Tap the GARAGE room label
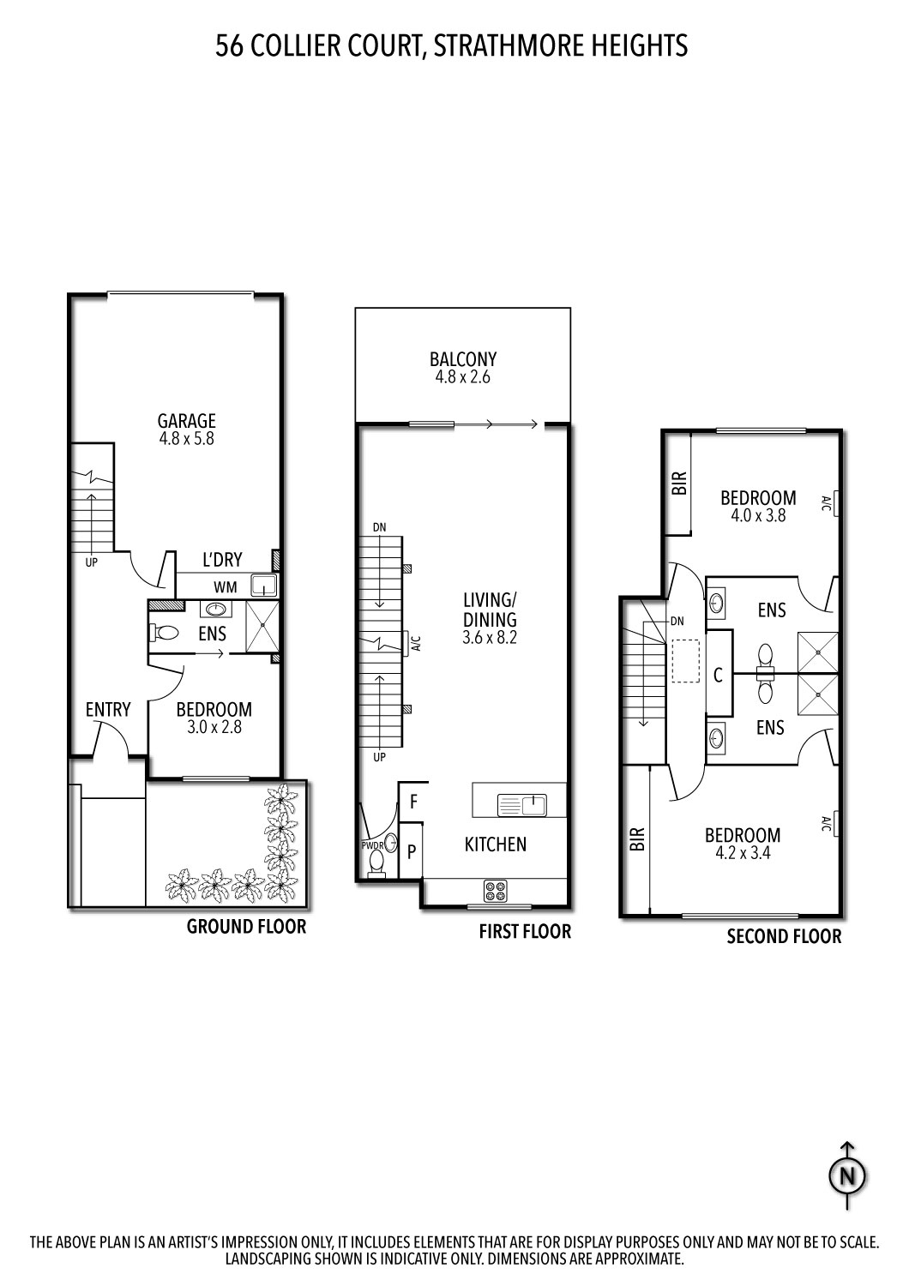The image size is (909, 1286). [186, 420]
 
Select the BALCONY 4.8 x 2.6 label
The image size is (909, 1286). [463, 368]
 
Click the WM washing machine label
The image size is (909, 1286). [226, 588]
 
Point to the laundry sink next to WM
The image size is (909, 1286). [262, 586]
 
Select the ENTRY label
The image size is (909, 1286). [108, 709]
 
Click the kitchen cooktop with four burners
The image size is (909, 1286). [496, 892]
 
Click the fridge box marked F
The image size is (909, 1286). [413, 802]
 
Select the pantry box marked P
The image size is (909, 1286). [412, 851]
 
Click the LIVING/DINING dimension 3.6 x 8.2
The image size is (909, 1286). [490, 638]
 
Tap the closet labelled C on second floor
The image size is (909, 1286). [719, 676]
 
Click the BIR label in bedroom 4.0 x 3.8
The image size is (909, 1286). [679, 484]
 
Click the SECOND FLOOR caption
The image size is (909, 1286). [784, 936]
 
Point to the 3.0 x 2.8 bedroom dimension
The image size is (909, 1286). [214, 727]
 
